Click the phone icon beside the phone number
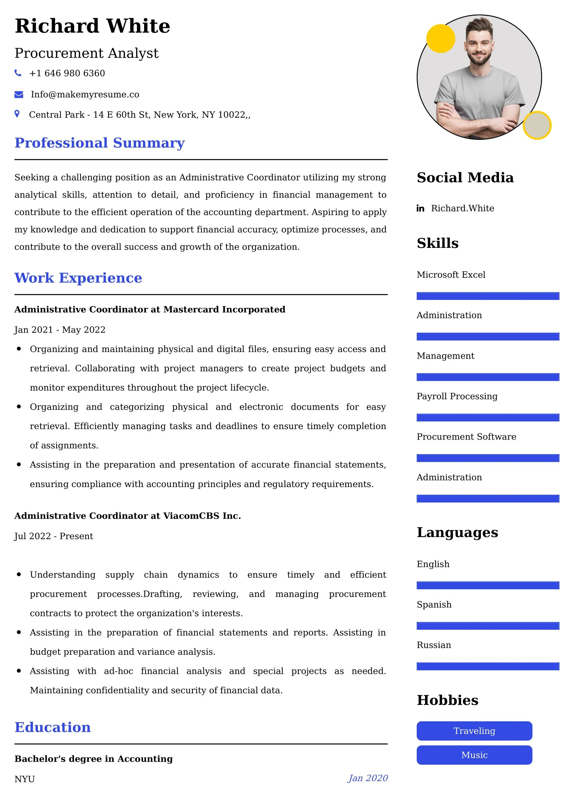[18, 73]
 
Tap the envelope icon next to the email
[19, 94]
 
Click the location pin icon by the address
[17, 114]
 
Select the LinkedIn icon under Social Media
[420, 208]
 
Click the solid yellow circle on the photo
[440, 39]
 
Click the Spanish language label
[434, 604]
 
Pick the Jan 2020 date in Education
[367, 778]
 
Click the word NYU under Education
[24, 779]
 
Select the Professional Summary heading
[99, 143]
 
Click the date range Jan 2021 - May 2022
[60, 329]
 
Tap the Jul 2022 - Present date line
[54, 536]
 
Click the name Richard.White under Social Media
[462, 208]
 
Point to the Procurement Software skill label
[466, 437]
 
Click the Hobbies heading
[447, 700]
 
